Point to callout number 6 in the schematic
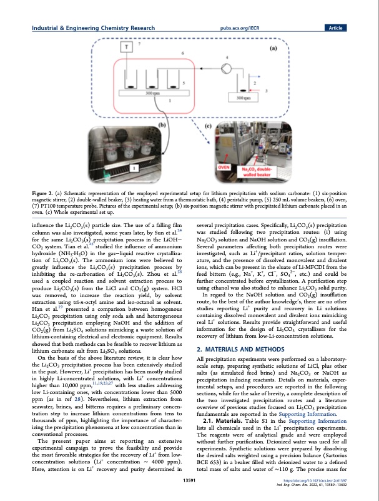point(182,54)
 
